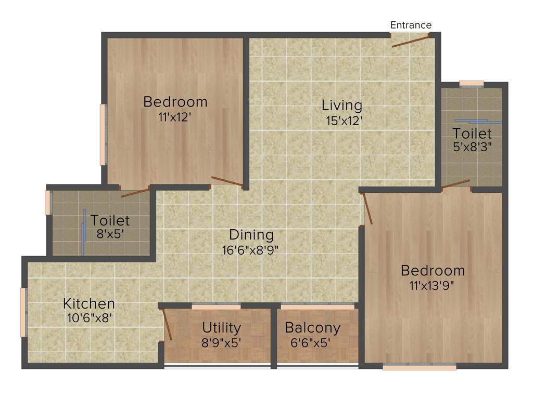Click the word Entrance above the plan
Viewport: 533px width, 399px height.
click(411, 25)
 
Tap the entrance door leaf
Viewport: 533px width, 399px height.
click(410, 42)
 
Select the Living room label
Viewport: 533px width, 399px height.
click(341, 105)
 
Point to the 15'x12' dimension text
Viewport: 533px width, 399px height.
click(341, 121)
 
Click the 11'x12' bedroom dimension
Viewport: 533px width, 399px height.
click(175, 117)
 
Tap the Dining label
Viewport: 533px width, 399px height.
click(251, 235)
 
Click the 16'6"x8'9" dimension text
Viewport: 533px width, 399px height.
click(251, 250)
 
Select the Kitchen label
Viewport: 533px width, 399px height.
click(89, 303)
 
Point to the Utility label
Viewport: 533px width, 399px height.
click(222, 328)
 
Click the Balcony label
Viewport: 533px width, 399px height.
click(312, 328)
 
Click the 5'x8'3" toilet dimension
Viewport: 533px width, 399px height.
click(472, 147)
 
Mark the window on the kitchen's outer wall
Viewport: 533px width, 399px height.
click(23, 312)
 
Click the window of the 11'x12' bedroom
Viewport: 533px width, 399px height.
click(103, 135)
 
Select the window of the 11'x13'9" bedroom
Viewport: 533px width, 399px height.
click(419, 367)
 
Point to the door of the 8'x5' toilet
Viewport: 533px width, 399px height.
click(135, 192)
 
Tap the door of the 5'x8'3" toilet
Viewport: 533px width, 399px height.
click(455, 184)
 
